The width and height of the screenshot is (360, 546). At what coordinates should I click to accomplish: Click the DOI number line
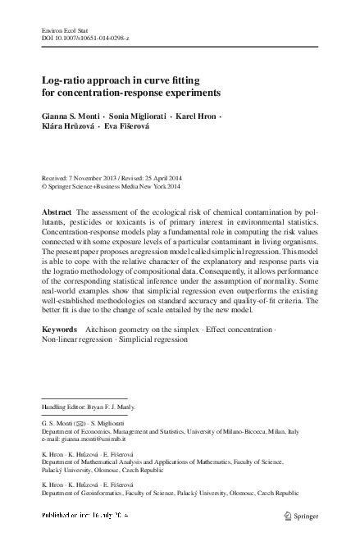(80, 39)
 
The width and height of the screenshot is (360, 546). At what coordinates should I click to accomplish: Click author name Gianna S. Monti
(75, 116)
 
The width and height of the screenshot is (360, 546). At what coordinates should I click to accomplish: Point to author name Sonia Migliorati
(140, 116)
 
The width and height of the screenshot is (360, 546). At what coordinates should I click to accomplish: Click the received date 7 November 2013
(94, 177)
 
